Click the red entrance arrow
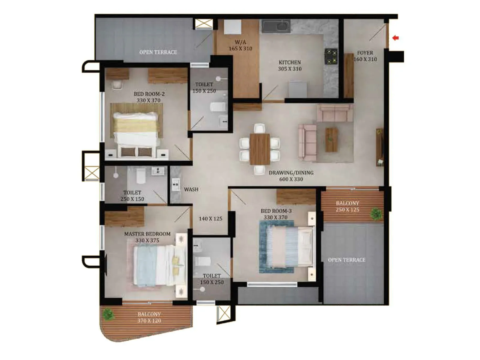(x=395, y=38)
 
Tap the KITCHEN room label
(x=289, y=62)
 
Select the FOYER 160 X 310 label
(x=365, y=56)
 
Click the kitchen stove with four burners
(x=331, y=56)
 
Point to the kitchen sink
(x=276, y=26)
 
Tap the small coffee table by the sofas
(x=331, y=139)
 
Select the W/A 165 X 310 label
(x=240, y=45)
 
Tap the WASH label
(x=191, y=189)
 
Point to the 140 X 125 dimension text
(x=211, y=219)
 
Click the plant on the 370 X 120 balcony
(x=108, y=314)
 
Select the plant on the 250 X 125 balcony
(x=376, y=214)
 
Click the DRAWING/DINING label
(x=291, y=173)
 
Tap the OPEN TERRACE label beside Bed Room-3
(x=346, y=260)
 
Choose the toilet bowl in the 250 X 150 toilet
(x=141, y=176)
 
